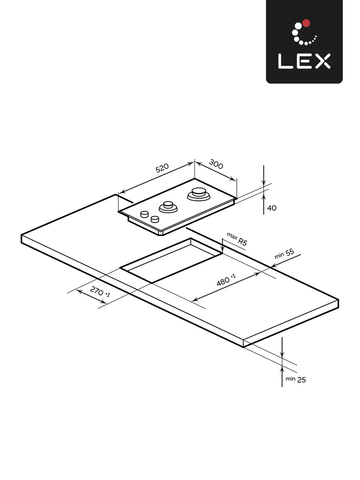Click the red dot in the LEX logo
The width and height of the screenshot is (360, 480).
click(306, 23)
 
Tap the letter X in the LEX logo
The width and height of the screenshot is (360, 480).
click(322, 61)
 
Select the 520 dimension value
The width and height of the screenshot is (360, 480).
click(162, 168)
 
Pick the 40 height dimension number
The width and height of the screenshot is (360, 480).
click(271, 208)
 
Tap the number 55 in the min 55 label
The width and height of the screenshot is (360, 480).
click(290, 252)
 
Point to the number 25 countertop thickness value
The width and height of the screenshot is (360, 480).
click(301, 380)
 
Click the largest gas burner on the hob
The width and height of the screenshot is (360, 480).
click(198, 194)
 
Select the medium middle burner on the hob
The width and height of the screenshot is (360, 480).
click(168, 207)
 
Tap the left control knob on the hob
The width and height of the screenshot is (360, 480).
click(144, 214)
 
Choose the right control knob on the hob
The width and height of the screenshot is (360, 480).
click(155, 219)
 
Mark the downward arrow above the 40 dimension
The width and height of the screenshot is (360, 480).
click(264, 182)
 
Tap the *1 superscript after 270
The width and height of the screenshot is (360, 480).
click(107, 295)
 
